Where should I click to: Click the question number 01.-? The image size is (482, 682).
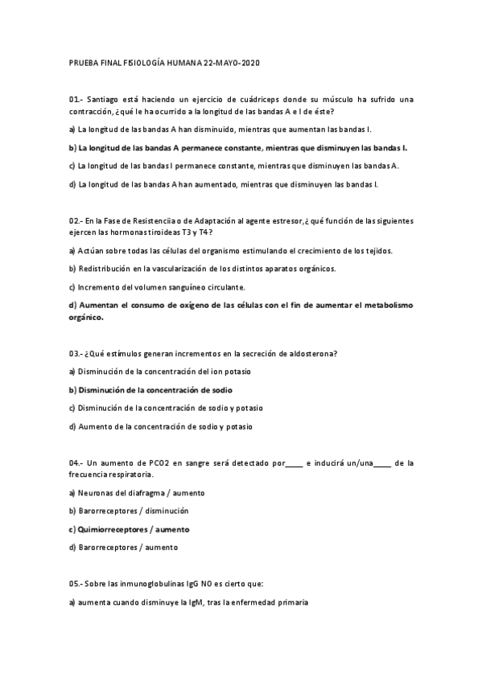(76, 100)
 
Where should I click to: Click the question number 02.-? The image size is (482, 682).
(76, 220)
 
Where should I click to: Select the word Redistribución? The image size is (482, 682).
(109, 269)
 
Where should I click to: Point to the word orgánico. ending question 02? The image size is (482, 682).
(87, 317)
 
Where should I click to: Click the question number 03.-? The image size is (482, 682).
(76, 354)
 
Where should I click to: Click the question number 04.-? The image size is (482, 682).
(76, 463)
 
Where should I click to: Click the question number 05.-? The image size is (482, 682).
(76, 584)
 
